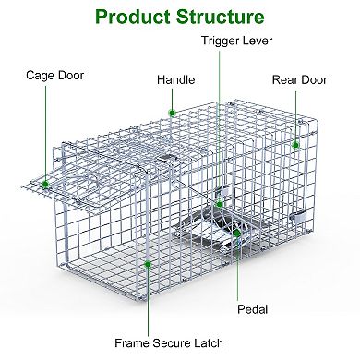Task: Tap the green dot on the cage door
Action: pos(45,184)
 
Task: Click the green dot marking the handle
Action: pos(172,114)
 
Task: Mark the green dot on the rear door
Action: pos(295,144)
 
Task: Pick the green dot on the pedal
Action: pos(237,234)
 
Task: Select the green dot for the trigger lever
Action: pos(219,203)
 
